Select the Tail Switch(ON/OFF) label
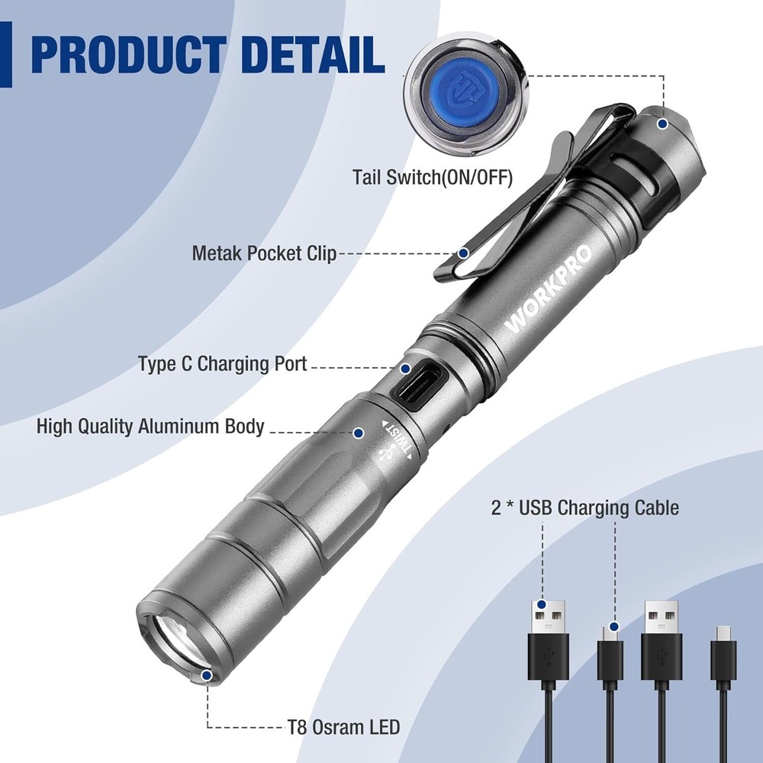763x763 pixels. pos(433,176)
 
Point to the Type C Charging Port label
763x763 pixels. pos(223,364)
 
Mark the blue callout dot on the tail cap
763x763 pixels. pos(663,123)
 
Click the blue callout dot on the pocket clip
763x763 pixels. pos(464,253)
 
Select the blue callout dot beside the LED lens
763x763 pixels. pos(207,674)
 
